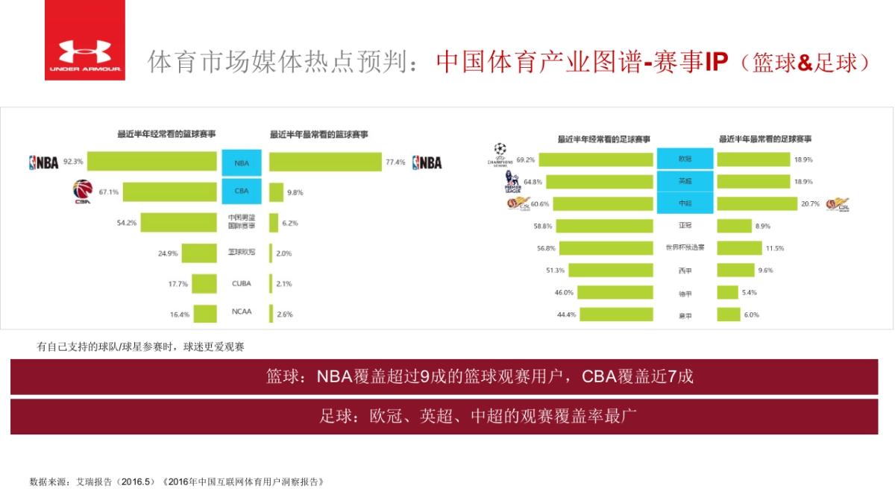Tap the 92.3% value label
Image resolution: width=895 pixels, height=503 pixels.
click(73, 161)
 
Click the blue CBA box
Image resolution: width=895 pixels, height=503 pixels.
click(242, 191)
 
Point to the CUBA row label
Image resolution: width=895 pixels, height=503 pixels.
click(242, 284)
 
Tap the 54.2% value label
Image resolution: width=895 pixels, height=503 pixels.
click(126, 222)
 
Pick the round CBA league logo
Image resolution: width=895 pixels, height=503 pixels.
click(82, 192)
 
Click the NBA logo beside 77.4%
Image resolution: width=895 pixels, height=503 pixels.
click(427, 162)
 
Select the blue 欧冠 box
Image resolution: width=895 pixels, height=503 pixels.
click(685, 159)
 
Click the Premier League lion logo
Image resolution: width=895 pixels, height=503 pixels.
click(512, 181)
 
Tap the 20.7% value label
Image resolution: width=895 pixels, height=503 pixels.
click(810, 203)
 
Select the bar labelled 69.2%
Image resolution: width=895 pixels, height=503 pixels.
click(595, 159)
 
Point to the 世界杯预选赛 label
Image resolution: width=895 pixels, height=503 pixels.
click(685, 247)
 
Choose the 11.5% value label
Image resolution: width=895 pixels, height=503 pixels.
click(774, 247)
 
